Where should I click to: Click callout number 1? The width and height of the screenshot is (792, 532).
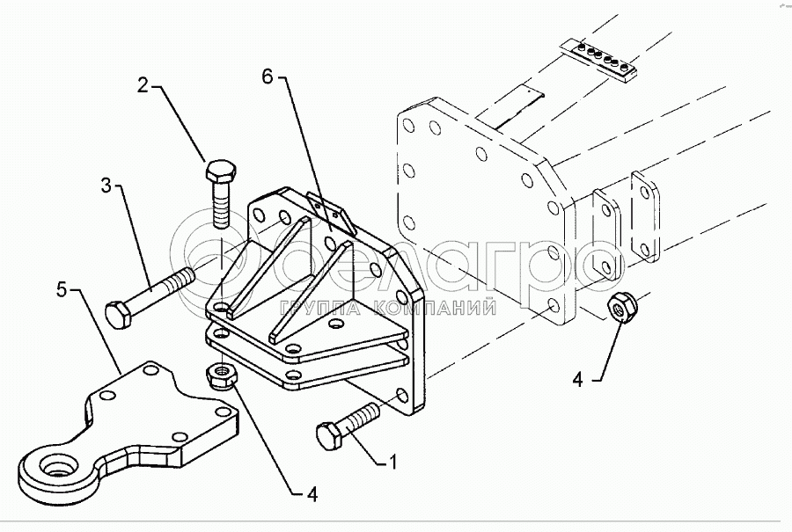pos(392,462)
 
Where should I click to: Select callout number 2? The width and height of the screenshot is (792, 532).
pos(144,85)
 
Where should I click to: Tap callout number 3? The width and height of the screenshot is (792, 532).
pos(106,186)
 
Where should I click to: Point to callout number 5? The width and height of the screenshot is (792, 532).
pos(62,289)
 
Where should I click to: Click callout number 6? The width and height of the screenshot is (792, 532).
pos(268,77)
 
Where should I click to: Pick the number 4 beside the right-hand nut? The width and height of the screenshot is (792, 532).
pos(578,379)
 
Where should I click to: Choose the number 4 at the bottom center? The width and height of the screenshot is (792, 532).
pos(312,495)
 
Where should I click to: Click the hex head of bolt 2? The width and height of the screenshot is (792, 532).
pos(220,171)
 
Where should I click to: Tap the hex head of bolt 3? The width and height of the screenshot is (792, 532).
pos(119,315)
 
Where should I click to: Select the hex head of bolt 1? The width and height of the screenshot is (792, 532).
pos(330,437)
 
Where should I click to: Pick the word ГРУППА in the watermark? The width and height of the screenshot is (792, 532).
pos(321,308)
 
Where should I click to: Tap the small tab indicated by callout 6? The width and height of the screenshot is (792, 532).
pos(332,214)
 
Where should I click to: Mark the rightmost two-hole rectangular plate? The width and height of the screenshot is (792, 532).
pos(645,216)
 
